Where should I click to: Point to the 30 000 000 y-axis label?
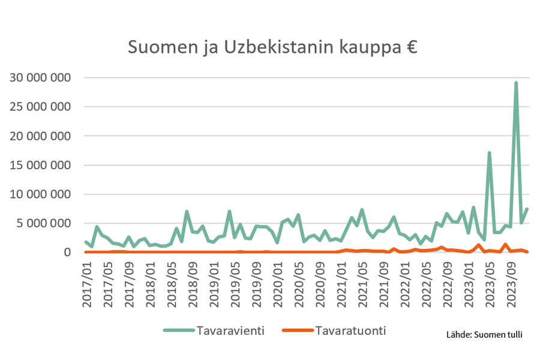(41, 78)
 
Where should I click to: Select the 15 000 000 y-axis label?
(41, 166)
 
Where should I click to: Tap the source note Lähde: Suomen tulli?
(484, 334)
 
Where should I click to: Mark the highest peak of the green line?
(516, 83)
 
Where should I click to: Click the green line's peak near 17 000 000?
(490, 153)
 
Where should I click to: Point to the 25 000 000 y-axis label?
(41, 107)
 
